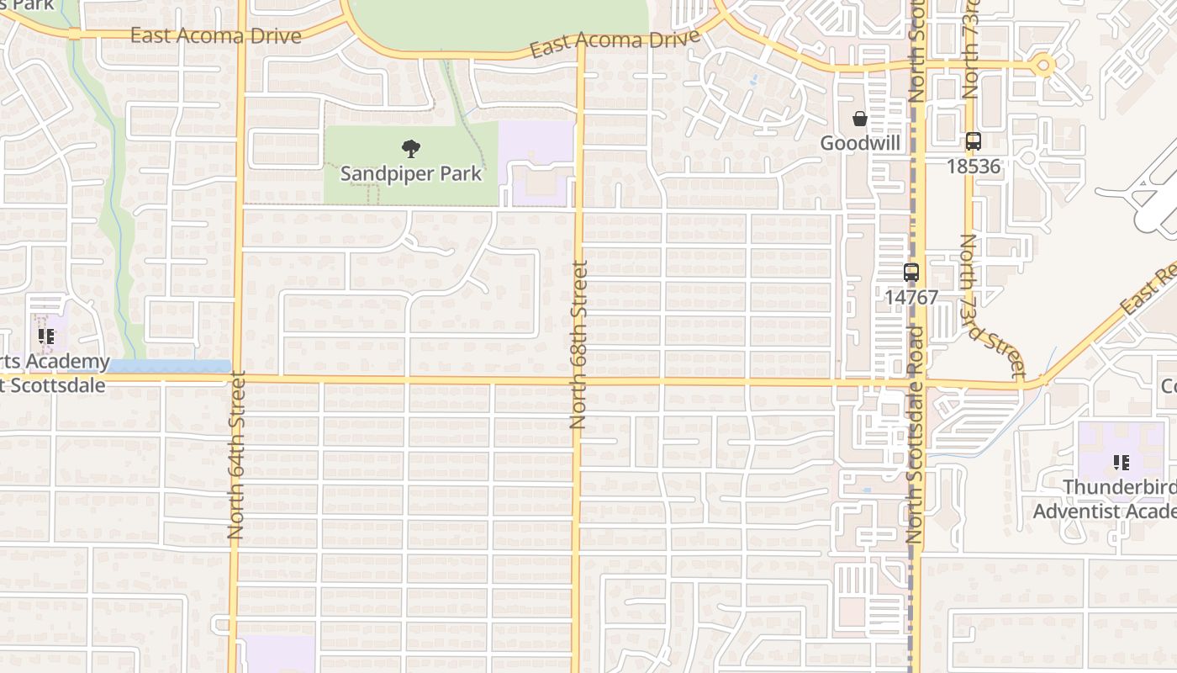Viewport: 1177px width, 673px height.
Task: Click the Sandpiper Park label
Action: [x=410, y=174]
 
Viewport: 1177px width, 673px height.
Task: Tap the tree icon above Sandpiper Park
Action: [x=410, y=150]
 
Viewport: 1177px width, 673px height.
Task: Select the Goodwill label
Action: [x=860, y=143]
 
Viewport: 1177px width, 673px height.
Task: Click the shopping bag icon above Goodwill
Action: [x=859, y=119]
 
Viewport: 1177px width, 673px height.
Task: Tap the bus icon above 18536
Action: [x=973, y=141]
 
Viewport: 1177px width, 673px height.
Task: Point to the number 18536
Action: [x=974, y=167]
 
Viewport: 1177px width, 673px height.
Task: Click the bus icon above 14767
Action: [x=911, y=273]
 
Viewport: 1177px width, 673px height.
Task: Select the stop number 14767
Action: [x=911, y=297]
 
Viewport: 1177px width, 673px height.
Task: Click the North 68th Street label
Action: [x=578, y=345]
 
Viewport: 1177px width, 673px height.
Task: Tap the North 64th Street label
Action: [x=235, y=454]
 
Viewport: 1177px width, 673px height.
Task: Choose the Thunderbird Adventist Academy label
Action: [x=1104, y=499]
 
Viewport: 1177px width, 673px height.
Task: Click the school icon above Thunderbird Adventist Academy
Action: [x=1120, y=462]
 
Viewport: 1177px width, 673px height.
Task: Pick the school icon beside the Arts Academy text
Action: [x=46, y=336]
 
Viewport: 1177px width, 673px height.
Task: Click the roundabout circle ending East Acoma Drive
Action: [x=1043, y=66]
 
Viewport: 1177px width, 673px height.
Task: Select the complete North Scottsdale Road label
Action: [x=916, y=433]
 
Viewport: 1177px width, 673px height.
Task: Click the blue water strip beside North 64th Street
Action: [x=168, y=366]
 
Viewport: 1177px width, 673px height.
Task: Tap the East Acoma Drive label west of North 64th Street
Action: [x=215, y=36]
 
